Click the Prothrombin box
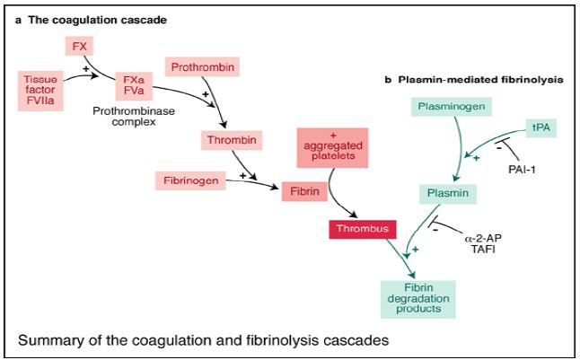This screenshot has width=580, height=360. pyautogui.click(x=194, y=69)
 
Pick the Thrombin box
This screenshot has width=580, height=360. pyautogui.click(x=228, y=140)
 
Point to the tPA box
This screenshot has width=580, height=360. pyautogui.click(x=540, y=128)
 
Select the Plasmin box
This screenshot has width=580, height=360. pyautogui.click(x=445, y=192)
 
